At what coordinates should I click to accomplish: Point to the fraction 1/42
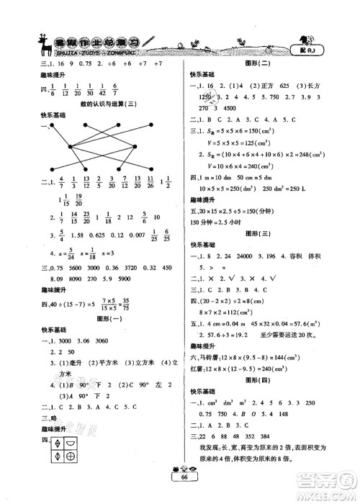tap(123, 91)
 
